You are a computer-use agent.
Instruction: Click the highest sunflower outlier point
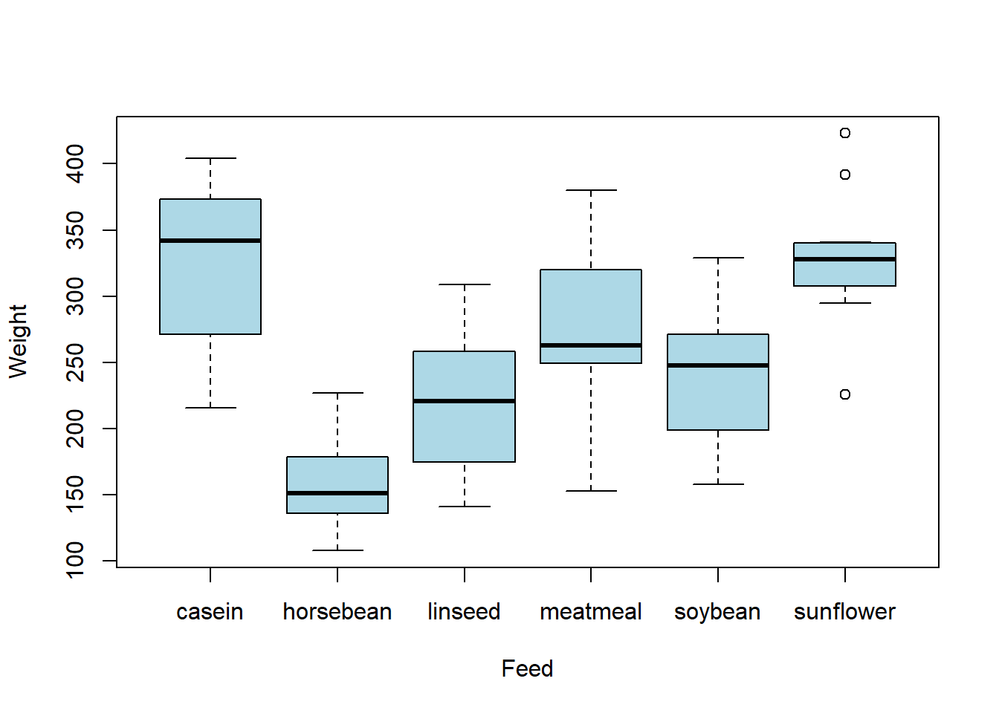[x=844, y=133]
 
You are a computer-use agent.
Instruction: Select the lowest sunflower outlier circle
[x=844, y=394]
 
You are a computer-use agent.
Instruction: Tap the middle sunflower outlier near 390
[x=844, y=175]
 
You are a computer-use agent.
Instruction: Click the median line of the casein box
[x=210, y=241]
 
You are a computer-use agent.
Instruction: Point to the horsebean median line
[x=337, y=493]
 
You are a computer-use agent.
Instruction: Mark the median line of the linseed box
[x=465, y=401]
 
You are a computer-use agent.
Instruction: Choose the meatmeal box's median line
[x=591, y=345]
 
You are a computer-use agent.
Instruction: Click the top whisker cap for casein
[x=210, y=158]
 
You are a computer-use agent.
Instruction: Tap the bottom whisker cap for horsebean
[x=337, y=550]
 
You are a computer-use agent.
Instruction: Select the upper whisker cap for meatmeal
[x=592, y=190]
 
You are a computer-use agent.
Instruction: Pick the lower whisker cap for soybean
[x=718, y=484]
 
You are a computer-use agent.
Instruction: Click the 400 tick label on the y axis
[x=74, y=164]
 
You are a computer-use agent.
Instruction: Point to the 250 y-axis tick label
[x=74, y=362]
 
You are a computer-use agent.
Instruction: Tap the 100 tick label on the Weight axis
[x=74, y=561]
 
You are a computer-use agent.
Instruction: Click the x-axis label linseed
[x=464, y=611]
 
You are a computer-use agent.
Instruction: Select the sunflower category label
[x=844, y=611]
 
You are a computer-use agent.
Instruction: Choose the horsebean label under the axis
[x=337, y=611]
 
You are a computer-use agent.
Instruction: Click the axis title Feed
[x=527, y=668]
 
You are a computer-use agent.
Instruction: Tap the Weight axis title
[x=18, y=342]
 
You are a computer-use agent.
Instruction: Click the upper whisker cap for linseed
[x=465, y=284]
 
